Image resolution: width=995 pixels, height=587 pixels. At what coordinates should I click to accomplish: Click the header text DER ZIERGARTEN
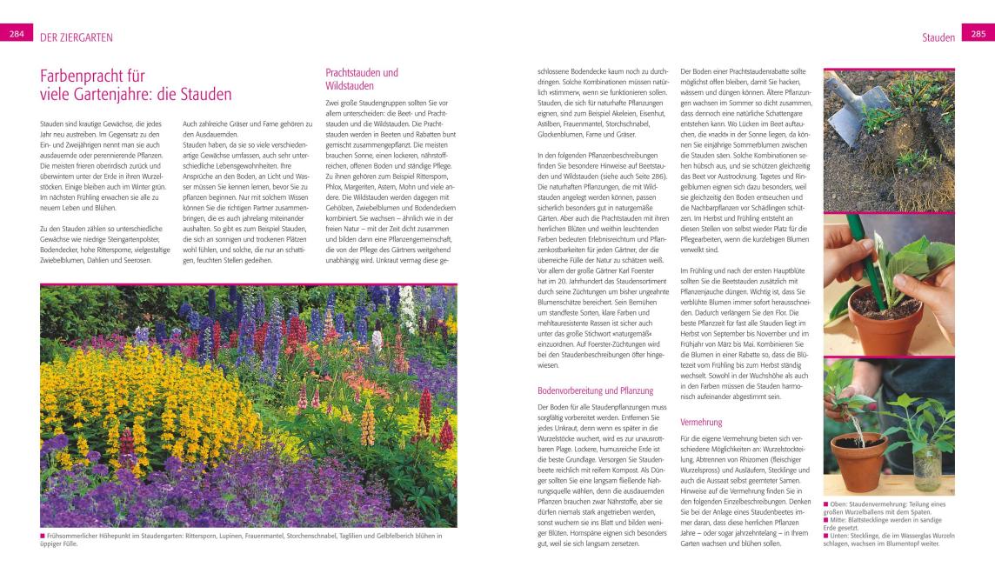pos(77,37)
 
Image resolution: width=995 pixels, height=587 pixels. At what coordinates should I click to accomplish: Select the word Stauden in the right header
pos(938,37)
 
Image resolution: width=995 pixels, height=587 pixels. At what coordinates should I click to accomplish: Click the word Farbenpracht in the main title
pos(92,76)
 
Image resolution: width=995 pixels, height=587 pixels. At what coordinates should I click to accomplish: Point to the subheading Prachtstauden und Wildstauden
pos(362,79)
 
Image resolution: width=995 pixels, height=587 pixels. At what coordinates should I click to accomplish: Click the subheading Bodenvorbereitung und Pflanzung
pos(596,390)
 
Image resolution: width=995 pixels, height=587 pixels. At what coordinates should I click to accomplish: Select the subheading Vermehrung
pos(701,422)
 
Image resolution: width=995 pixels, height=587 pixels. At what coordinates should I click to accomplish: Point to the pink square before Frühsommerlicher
pos(43,536)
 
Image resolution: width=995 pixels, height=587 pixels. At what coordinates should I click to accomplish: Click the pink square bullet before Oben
pos(827,504)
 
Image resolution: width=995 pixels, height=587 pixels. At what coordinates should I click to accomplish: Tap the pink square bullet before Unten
pos(827,536)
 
